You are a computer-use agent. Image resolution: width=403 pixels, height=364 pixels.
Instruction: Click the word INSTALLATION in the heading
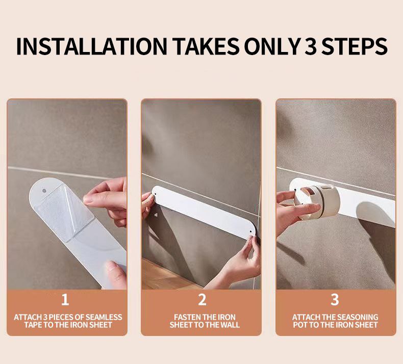pyautogui.click(x=91, y=46)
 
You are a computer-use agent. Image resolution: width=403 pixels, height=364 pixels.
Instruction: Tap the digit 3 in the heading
pyautogui.click(x=311, y=46)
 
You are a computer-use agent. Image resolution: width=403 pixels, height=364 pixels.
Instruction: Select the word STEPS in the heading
pyautogui.click(x=355, y=46)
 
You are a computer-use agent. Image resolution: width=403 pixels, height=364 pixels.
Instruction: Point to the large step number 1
pyautogui.click(x=65, y=300)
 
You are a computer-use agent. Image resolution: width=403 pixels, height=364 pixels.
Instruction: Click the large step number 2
pyautogui.click(x=202, y=300)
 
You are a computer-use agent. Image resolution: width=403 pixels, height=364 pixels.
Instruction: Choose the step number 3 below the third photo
pyautogui.click(x=335, y=300)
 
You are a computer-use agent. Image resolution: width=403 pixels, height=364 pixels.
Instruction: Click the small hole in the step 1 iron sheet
pyautogui.click(x=44, y=191)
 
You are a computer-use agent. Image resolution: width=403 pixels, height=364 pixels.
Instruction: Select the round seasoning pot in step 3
pyautogui.click(x=317, y=202)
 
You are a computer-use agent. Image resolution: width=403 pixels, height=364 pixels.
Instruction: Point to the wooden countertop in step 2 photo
pyautogui.click(x=167, y=275)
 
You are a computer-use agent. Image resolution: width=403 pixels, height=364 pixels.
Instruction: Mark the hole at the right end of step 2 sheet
pyautogui.click(x=250, y=232)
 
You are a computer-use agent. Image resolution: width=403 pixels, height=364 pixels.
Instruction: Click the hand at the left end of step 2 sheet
pyautogui.click(x=147, y=204)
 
